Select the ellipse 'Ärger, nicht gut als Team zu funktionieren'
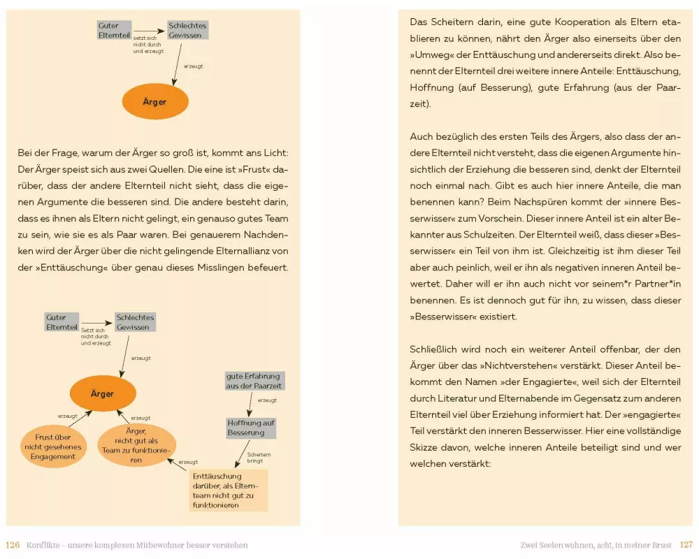[x=136, y=445]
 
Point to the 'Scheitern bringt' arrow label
[x=259, y=457]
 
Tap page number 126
[x=13, y=545]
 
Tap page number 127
[x=685, y=545]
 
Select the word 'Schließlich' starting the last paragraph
[x=435, y=348]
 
